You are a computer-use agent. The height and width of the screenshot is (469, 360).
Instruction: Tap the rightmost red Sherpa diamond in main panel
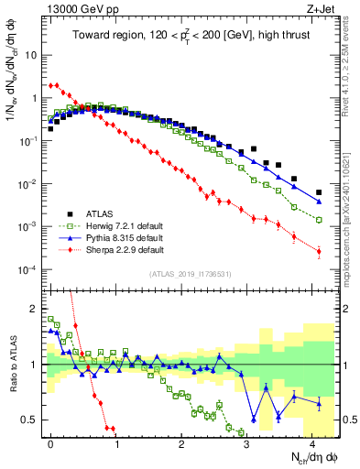(319, 251)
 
